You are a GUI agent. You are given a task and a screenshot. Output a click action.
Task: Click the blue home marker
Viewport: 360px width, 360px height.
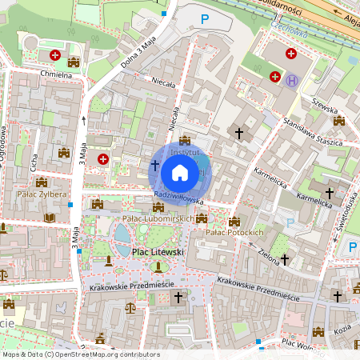pos(180,172)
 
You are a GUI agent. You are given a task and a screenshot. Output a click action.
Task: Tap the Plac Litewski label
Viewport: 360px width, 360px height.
pos(157,252)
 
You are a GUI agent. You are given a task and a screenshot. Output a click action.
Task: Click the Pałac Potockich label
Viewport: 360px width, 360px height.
pos(234,232)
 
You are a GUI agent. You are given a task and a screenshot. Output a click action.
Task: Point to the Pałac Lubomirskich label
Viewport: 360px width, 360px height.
pos(158,218)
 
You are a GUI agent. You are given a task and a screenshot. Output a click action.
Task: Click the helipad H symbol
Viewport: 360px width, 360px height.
pos(293,80)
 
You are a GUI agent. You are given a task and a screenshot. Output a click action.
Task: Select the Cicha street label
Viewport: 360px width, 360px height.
pos(34,162)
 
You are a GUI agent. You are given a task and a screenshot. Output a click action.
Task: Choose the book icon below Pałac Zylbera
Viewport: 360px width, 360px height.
pos(50,217)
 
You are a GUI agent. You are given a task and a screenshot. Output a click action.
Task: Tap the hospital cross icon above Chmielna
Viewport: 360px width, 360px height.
pos(54,55)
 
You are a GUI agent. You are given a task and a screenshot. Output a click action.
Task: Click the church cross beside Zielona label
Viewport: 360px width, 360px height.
pos(284,259)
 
